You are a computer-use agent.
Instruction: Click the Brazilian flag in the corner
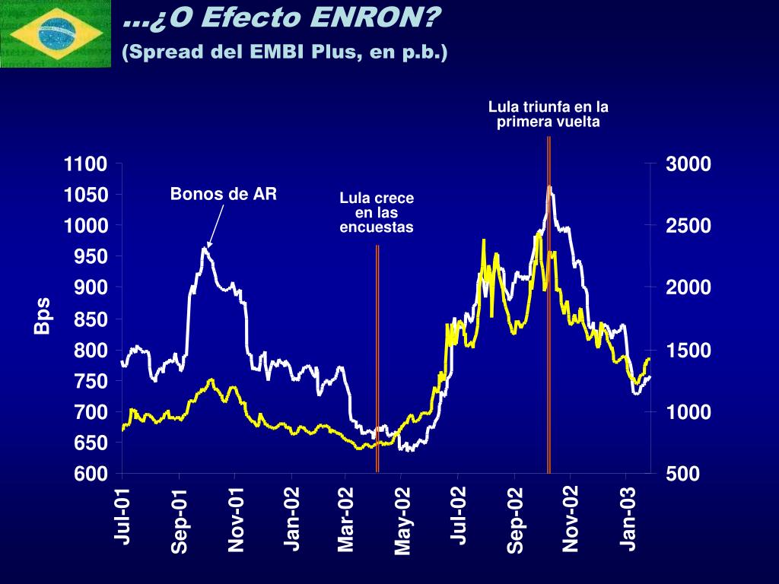(55, 33)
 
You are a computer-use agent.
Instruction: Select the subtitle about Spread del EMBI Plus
(285, 52)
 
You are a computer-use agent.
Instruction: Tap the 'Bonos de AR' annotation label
(224, 193)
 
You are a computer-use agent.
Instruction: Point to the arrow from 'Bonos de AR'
(215, 225)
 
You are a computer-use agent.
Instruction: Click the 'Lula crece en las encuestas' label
(377, 213)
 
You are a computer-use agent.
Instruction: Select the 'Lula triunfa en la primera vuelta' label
(548, 114)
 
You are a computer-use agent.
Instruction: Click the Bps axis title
(43, 316)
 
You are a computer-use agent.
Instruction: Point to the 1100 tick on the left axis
(85, 164)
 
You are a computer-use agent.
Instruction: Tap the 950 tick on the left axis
(91, 256)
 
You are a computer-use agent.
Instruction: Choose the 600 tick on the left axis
(91, 473)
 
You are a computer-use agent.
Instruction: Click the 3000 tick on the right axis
(688, 164)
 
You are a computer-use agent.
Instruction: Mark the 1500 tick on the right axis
(688, 350)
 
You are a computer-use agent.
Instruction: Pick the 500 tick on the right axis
(682, 473)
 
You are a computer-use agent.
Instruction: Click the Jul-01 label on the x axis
(122, 516)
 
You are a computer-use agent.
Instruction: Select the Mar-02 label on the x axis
(346, 519)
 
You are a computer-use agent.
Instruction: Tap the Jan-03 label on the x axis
(628, 519)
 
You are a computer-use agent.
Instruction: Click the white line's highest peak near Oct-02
(549, 186)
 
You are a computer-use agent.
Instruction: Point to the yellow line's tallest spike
(539, 234)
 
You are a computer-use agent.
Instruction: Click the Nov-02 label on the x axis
(571, 519)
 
